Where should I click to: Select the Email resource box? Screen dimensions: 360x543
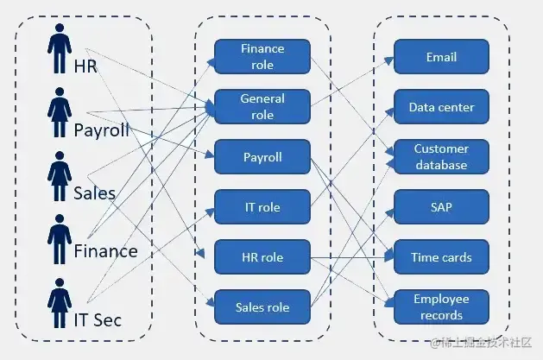pyautogui.click(x=441, y=57)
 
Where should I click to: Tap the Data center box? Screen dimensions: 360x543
pyautogui.click(x=441, y=107)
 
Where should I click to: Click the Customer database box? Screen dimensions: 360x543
pyautogui.click(x=441, y=157)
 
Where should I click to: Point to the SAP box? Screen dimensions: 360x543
pyautogui.click(x=441, y=207)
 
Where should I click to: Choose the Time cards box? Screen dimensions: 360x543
pyautogui.click(x=441, y=256)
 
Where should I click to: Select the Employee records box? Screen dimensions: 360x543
pyautogui.click(x=441, y=306)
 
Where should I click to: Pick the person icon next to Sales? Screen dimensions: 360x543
pyautogui.click(x=58, y=178)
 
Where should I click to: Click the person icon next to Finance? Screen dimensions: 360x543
pyautogui.click(x=58, y=239)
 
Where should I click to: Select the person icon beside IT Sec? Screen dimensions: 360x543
pyautogui.click(x=58, y=305)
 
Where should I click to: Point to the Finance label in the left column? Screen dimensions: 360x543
pyautogui.click(x=105, y=251)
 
